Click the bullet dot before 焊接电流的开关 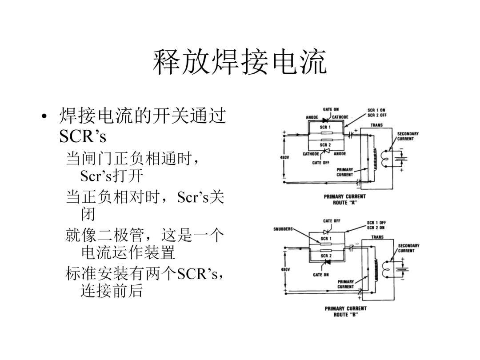point(44,118)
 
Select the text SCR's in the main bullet point(83,137)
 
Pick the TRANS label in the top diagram point(377,125)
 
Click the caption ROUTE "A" point(344,202)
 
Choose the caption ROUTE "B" point(345,314)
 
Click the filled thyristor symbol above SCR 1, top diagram point(326,119)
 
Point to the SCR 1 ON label point(376,110)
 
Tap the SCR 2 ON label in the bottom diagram point(376,227)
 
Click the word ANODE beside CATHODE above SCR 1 point(312,117)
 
